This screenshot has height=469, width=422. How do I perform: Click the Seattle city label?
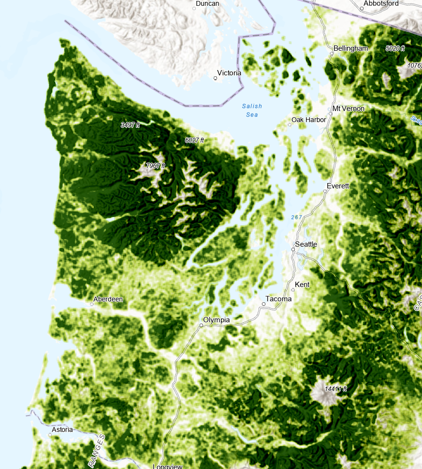[x=306, y=244]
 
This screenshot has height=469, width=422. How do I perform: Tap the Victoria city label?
[x=230, y=73]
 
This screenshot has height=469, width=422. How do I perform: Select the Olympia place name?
[x=216, y=320]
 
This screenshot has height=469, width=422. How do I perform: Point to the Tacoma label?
[x=280, y=299]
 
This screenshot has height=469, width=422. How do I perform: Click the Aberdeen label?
[x=108, y=299]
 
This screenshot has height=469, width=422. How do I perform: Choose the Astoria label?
[x=62, y=429]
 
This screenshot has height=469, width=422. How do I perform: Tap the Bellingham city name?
[x=350, y=48]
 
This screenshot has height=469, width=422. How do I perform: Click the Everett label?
[x=337, y=186]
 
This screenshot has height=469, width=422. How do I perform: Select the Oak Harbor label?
[x=309, y=120]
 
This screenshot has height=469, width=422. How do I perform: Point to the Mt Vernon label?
[x=349, y=109]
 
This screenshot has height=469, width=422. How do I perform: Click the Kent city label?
[x=302, y=284]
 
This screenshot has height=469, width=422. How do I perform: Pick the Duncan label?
[x=207, y=3]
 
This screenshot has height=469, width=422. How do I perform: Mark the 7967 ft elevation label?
[x=156, y=166]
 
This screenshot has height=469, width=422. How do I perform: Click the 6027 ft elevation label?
[x=194, y=140]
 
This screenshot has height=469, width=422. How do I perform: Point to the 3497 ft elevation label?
[x=130, y=125]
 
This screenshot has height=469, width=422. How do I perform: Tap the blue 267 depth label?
[x=297, y=217]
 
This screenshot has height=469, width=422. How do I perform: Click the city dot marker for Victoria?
[x=215, y=77]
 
